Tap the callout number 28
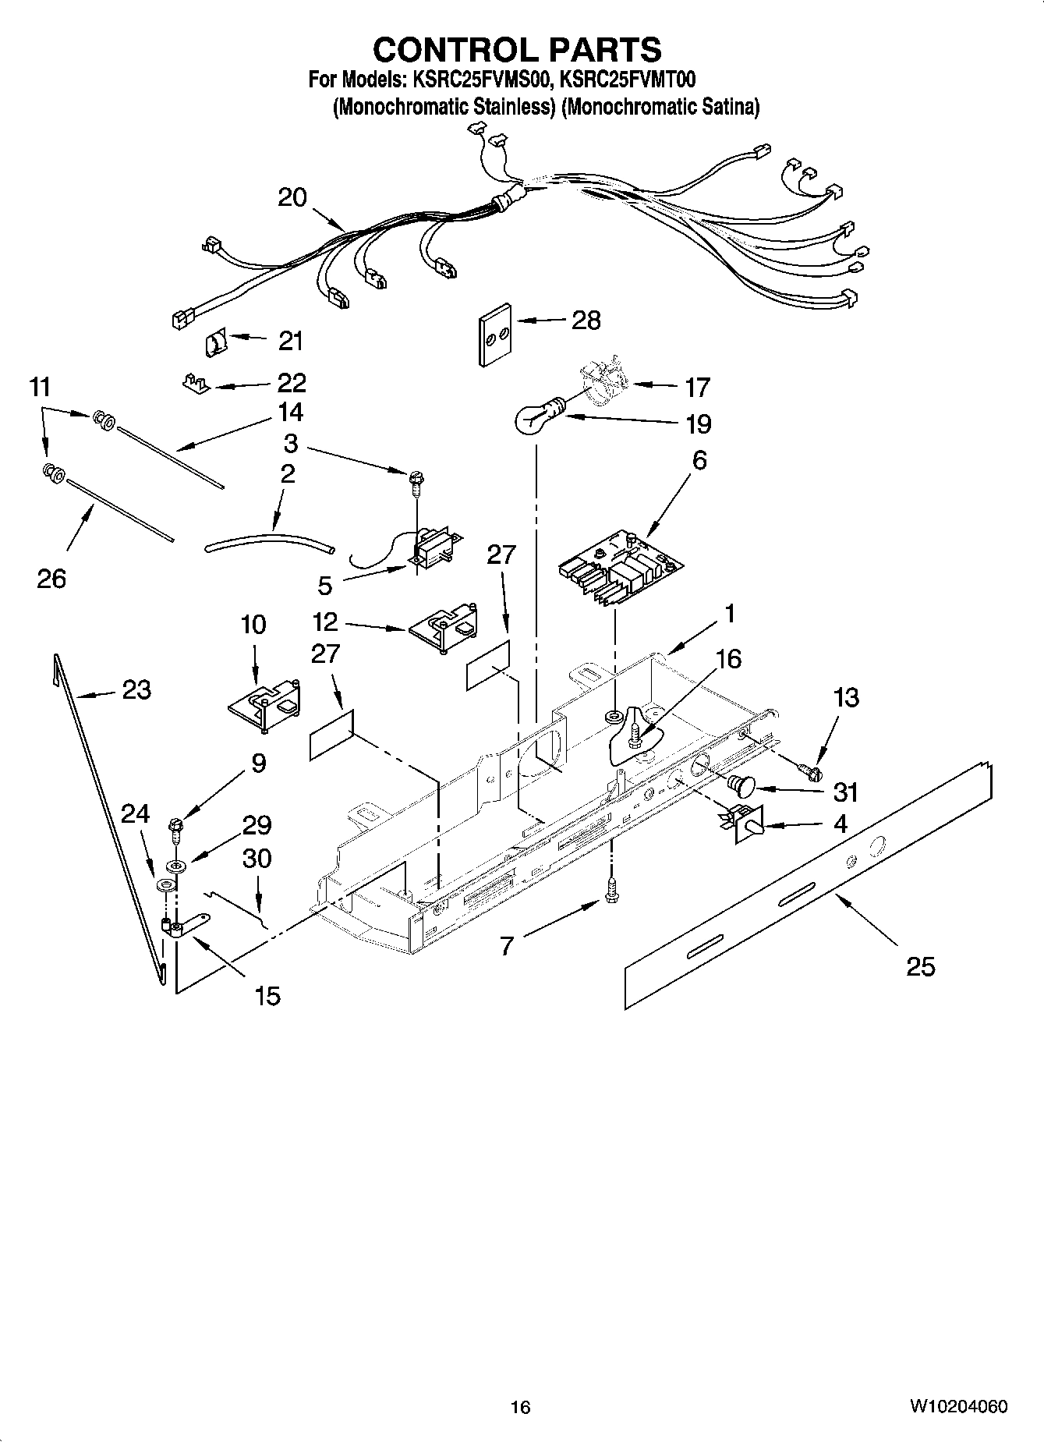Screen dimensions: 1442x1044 click(586, 320)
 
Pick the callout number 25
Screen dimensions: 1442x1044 click(920, 967)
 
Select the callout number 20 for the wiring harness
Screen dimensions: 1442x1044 click(292, 197)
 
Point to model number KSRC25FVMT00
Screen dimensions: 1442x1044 click(627, 80)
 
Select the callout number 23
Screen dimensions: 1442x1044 click(136, 689)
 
